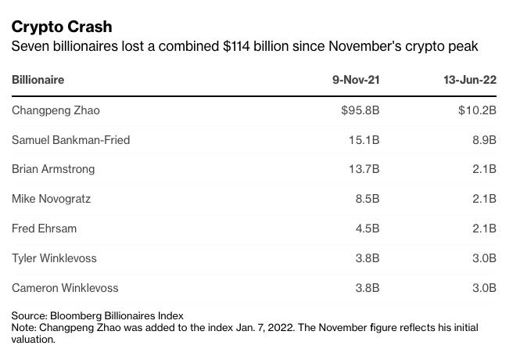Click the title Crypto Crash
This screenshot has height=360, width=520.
[62, 27]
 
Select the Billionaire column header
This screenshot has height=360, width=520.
[38, 80]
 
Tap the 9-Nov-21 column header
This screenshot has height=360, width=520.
[356, 80]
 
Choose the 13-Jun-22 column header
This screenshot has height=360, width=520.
[469, 80]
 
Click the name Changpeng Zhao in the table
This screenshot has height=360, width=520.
[56, 110]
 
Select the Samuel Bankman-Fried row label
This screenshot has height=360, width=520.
[70, 140]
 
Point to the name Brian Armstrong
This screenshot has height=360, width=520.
[53, 169]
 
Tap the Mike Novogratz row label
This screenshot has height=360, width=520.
[51, 199]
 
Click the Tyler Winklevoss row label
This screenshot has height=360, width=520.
[54, 258]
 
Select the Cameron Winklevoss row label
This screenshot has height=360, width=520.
[65, 288]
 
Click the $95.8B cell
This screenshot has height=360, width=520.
[360, 110]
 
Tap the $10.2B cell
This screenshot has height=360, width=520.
[477, 110]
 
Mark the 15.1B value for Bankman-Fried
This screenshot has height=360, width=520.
[364, 140]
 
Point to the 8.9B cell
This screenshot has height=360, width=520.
[484, 140]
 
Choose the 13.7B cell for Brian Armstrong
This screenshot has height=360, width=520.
[364, 169]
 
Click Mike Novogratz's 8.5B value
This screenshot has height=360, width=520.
[368, 199]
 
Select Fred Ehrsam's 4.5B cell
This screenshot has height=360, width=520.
[368, 229]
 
